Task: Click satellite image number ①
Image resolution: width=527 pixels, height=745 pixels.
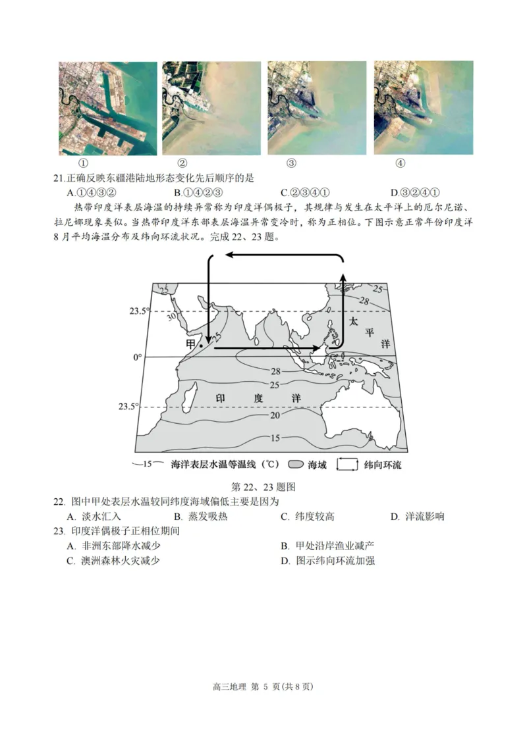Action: click(x=107, y=109)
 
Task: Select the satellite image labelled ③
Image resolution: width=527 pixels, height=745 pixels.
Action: click(x=317, y=109)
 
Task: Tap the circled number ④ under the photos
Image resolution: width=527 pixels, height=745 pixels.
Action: click(x=400, y=163)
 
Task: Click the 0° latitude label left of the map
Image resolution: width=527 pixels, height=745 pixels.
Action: click(x=137, y=357)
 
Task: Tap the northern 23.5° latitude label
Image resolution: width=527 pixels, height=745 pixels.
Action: click(x=139, y=311)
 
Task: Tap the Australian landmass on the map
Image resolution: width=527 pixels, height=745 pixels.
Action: click(x=359, y=411)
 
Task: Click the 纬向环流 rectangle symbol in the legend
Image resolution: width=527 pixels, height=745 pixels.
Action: click(x=347, y=465)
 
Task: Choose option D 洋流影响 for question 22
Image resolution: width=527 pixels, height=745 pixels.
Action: click(x=417, y=516)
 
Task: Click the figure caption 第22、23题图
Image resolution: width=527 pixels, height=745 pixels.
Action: click(x=263, y=487)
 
